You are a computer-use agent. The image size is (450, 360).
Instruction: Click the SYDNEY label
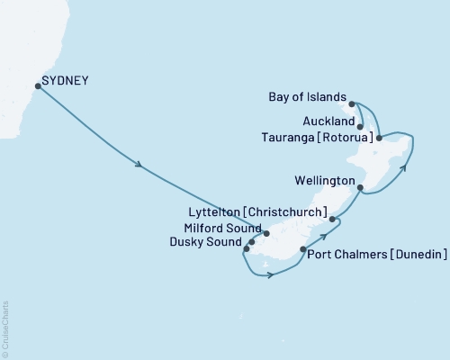tap(65, 81)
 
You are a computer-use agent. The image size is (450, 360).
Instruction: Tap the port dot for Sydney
tap(38, 86)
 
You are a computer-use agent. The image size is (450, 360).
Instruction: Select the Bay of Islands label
tap(308, 96)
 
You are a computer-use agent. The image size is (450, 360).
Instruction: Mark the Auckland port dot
tap(360, 127)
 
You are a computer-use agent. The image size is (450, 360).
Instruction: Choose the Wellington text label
tap(323, 181)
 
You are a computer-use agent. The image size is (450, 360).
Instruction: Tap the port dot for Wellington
tap(360, 189)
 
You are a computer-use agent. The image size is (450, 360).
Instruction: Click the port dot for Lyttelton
tap(332, 219)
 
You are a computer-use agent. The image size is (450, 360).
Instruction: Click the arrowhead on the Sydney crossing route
tap(139, 165)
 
